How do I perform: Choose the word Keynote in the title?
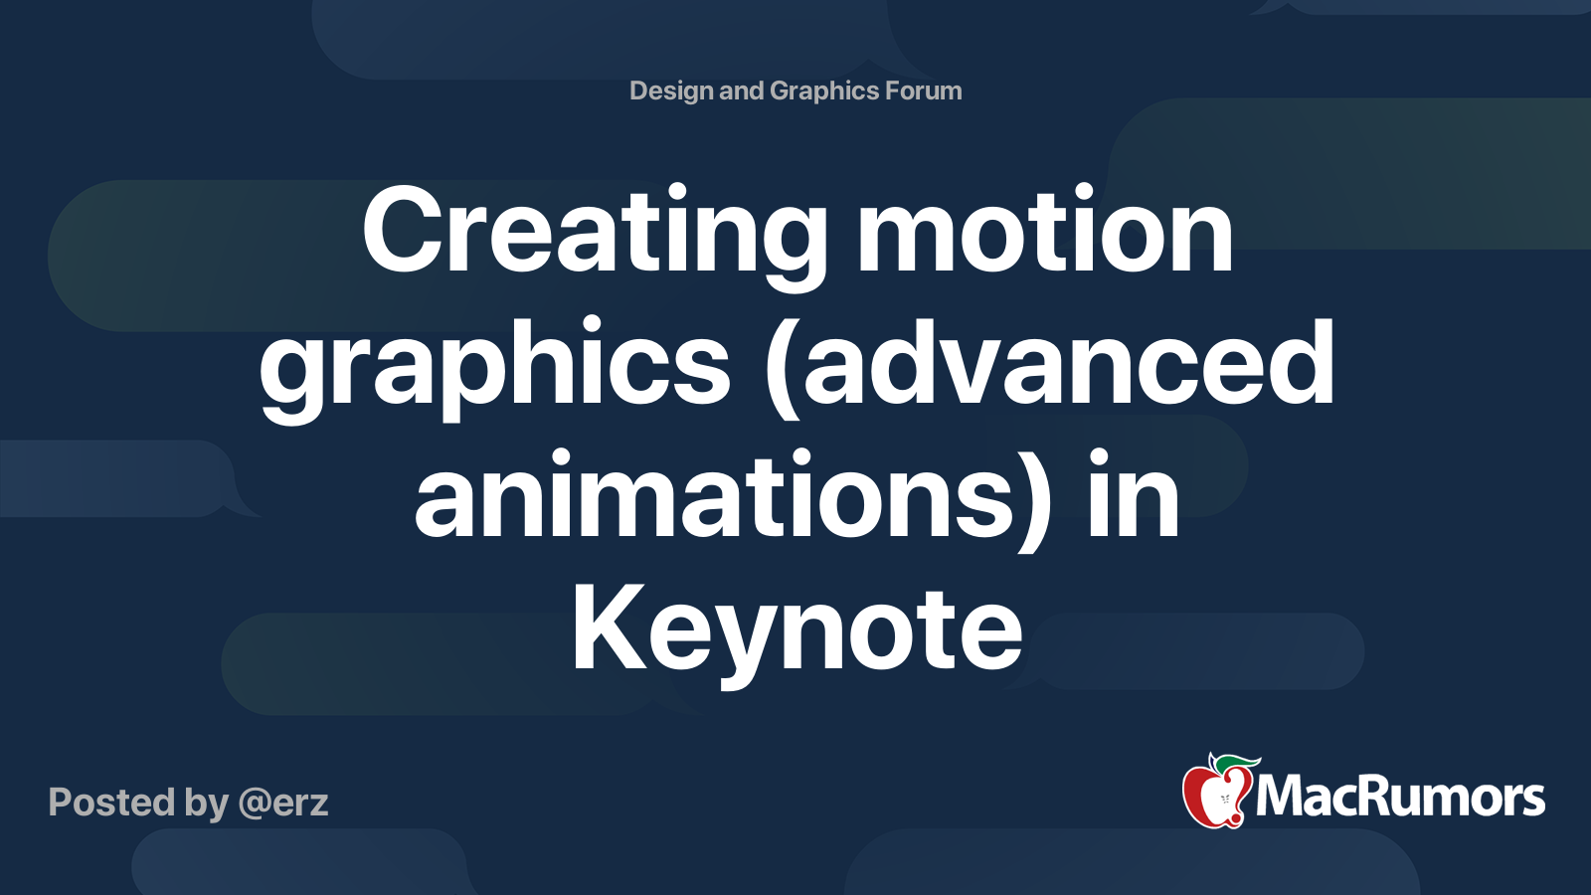pyautogui.click(x=796, y=629)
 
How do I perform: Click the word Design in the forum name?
pyautogui.click(x=671, y=91)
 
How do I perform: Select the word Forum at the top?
pyautogui.click(x=924, y=91)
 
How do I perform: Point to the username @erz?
pyautogui.click(x=282, y=803)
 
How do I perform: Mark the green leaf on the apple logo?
pyautogui.click(x=1237, y=763)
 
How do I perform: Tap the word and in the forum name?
pyautogui.click(x=741, y=91)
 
